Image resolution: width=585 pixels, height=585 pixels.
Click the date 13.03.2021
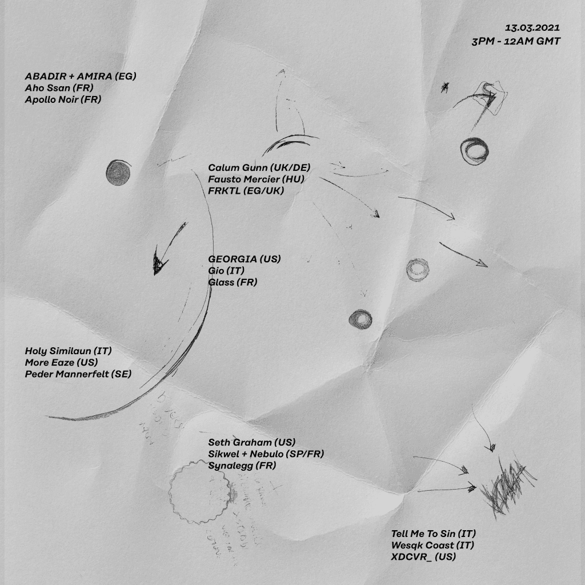[532, 27]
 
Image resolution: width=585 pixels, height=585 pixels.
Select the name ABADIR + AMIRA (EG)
[81, 76]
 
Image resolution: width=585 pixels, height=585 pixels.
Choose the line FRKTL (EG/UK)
[246, 191]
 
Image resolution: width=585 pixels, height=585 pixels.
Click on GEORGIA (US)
[245, 259]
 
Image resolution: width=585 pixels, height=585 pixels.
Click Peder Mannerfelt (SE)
[78, 374]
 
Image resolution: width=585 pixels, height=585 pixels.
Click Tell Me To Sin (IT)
[434, 534]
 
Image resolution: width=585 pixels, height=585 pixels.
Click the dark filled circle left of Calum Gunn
[118, 171]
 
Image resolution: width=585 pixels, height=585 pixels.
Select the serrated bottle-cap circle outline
[201, 488]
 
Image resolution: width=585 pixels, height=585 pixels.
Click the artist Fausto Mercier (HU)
[256, 179]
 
